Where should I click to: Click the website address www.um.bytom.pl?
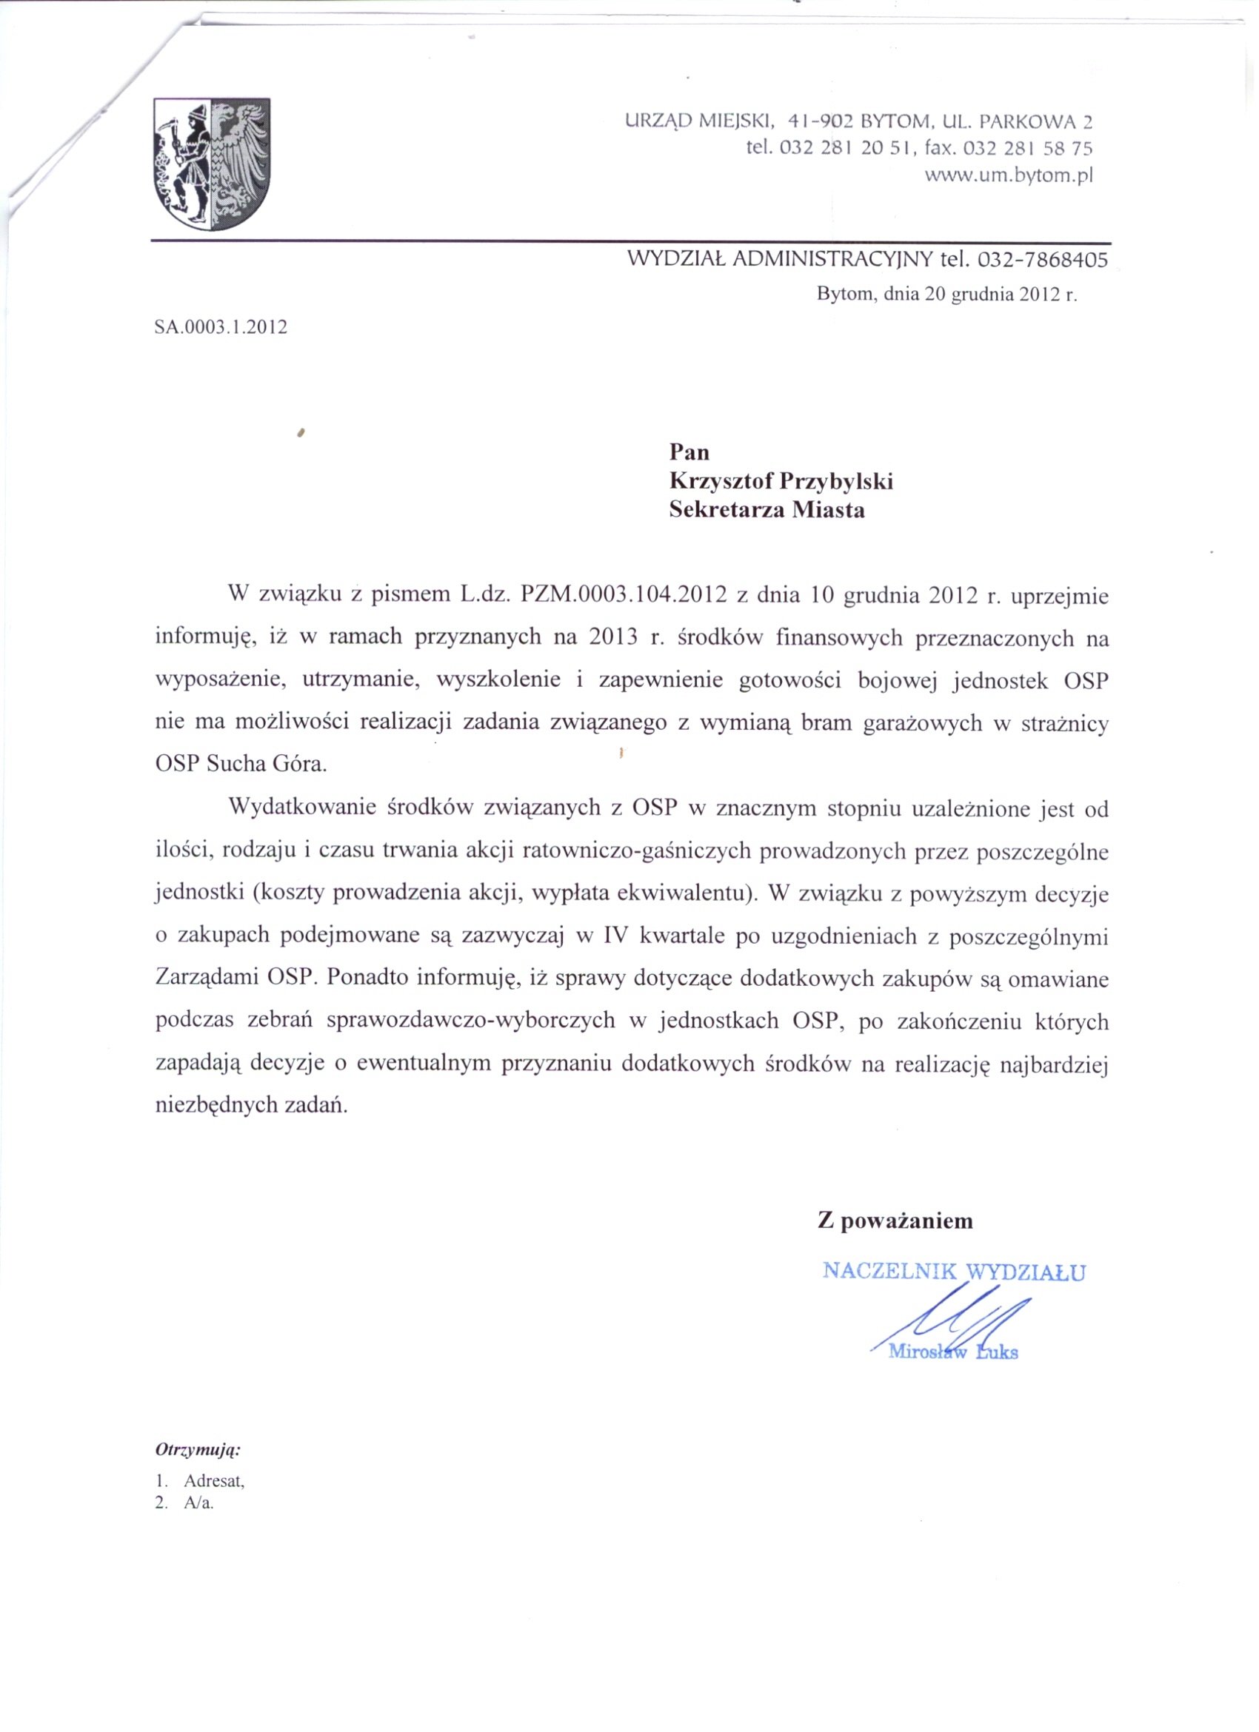point(1009,175)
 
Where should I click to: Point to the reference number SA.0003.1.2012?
point(221,328)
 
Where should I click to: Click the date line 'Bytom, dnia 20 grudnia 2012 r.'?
point(946,295)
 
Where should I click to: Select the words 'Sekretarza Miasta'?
point(767,509)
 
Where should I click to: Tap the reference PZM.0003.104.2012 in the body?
point(622,595)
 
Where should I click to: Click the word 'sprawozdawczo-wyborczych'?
point(470,1021)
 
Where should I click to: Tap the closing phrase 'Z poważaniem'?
point(895,1221)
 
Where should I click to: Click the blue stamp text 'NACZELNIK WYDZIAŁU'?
point(953,1272)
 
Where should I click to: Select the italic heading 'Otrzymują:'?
point(198,1449)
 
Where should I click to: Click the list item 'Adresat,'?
point(214,1481)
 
